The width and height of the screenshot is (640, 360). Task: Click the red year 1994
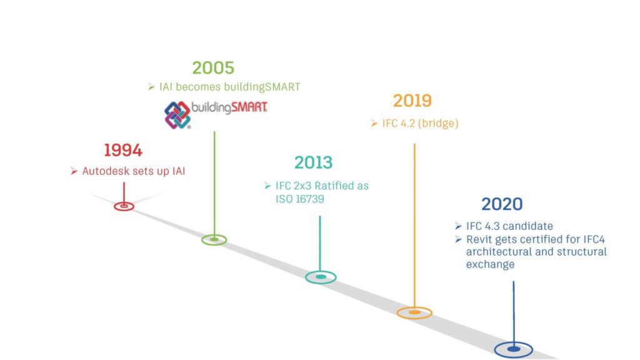(123, 150)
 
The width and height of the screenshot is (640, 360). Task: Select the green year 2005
(213, 67)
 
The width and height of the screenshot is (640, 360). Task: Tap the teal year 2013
(314, 162)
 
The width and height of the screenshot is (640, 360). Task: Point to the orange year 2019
(412, 101)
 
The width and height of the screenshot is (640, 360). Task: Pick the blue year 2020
(502, 204)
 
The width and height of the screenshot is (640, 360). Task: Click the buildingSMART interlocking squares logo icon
(177, 115)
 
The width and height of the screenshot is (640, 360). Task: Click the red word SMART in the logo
(249, 107)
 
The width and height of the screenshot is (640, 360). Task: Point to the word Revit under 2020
(479, 239)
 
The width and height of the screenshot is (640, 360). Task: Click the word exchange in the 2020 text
(490, 264)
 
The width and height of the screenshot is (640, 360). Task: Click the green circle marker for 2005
(214, 236)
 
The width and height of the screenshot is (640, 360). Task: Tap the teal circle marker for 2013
(321, 272)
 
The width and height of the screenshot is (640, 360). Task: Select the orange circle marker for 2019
(414, 308)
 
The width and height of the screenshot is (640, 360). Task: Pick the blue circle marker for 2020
(514, 343)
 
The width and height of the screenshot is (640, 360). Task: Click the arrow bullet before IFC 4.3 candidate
(458, 226)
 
